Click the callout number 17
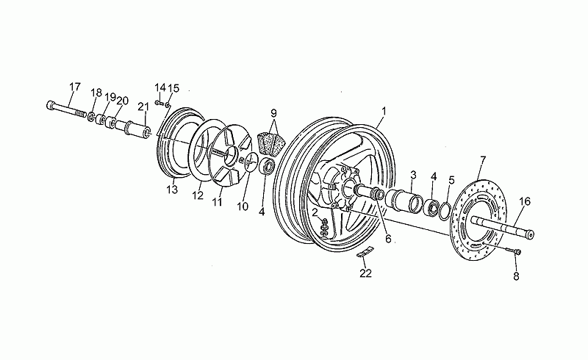click(x=75, y=87)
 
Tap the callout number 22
click(x=365, y=273)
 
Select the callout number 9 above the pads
click(x=273, y=112)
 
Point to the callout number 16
click(x=525, y=202)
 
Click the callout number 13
click(x=172, y=190)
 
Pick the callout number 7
click(x=483, y=162)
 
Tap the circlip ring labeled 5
click(x=445, y=211)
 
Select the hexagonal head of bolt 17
click(x=51, y=105)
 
